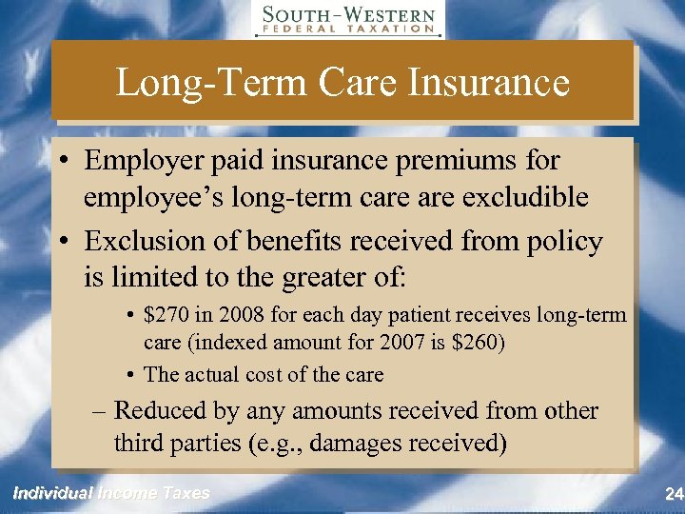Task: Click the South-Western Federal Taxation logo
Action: [348, 20]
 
